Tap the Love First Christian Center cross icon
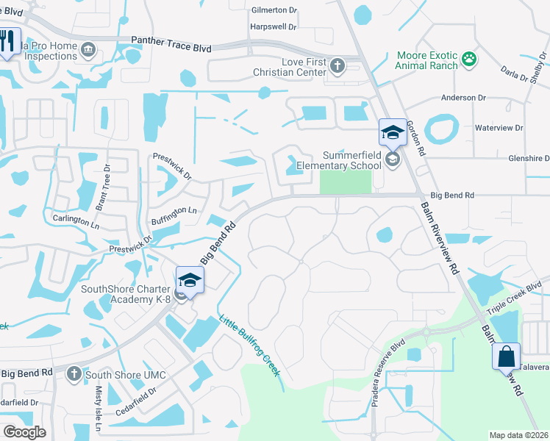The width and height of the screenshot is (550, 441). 337,66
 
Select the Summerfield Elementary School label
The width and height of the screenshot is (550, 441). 349,160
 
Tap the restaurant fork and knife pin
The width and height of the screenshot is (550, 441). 8,40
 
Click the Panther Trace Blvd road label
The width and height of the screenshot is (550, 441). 171,44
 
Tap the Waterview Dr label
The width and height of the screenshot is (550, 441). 499,128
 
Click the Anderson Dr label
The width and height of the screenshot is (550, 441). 463,97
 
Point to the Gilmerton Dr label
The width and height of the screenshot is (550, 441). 273,11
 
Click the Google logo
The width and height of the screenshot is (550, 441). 24,432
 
